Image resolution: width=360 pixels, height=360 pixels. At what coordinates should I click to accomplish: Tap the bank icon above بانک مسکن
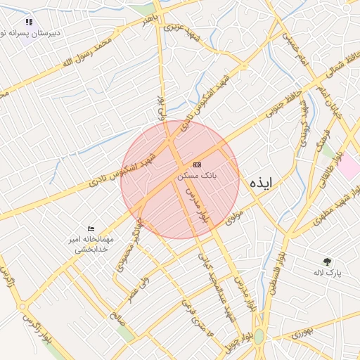click(x=197, y=164)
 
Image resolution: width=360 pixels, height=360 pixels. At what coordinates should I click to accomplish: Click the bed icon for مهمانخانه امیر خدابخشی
click(x=91, y=229)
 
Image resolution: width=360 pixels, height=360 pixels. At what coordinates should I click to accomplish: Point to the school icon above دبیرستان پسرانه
click(x=29, y=22)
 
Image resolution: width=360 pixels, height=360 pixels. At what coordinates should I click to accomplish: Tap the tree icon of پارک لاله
click(x=327, y=261)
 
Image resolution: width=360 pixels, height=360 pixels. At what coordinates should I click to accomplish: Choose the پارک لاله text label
click(x=328, y=272)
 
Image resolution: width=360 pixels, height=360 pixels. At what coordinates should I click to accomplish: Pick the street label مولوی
click(x=235, y=217)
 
